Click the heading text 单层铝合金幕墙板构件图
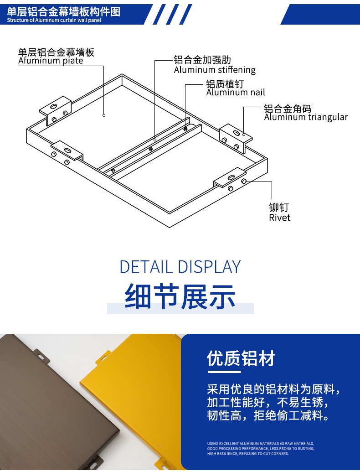point(63,12)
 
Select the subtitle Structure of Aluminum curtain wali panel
point(54,21)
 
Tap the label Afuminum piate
point(51,61)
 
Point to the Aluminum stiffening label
point(215,70)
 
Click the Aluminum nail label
point(236,93)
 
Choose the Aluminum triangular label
point(306,117)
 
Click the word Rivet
point(280,218)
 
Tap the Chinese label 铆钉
point(279,207)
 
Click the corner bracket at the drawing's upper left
point(56,110)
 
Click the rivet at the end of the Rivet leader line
point(244,181)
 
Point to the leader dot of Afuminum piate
point(104,115)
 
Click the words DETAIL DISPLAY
point(180,267)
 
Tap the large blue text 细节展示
point(180,296)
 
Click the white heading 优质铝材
point(241,358)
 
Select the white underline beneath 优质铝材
point(224,372)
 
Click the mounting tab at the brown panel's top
point(41,355)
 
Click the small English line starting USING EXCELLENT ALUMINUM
point(261,444)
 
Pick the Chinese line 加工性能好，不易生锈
point(267,403)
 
